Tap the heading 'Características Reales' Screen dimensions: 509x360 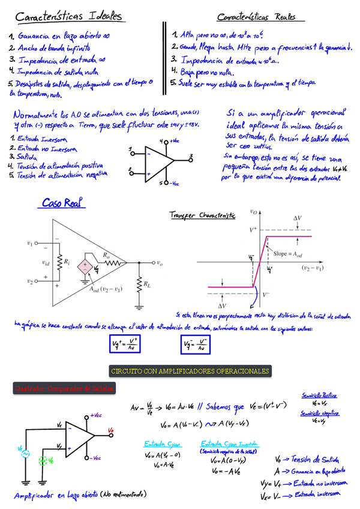(256, 17)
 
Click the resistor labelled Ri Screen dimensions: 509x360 (59, 262)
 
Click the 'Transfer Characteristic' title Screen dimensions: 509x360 (202, 214)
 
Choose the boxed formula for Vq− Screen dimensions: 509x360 (196, 343)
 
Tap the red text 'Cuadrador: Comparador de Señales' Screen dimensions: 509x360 (64, 390)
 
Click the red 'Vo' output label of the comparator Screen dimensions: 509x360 (111, 430)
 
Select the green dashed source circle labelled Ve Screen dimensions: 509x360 (43, 460)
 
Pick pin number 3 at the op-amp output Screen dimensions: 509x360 (190, 157)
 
